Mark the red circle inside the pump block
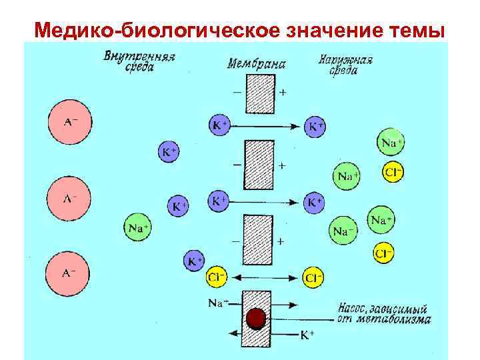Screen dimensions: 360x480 255,319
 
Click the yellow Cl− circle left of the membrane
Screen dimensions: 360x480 216,276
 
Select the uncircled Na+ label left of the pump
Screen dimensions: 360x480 217,303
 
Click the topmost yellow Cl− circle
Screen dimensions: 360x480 393,173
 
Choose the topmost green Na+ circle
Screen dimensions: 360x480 391,142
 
